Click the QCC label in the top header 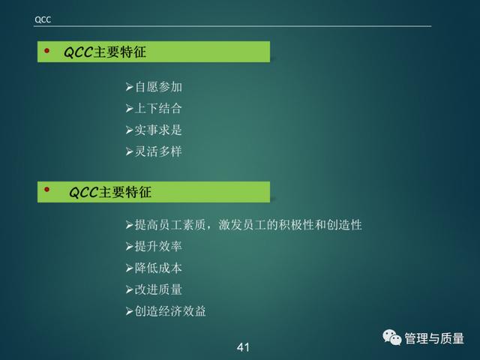43,19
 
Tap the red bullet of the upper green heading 46,50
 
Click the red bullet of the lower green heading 46,190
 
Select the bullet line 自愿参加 154,87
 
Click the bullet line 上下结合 154,108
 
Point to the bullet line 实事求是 154,130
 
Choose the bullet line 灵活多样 154,151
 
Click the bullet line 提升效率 154,247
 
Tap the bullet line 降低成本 154,268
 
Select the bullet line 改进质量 154,289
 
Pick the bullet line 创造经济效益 166,311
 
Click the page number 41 243,347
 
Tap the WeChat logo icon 391,337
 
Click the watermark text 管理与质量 434,338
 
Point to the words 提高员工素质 170,225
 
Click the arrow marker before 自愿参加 129,87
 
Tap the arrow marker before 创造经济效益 129,312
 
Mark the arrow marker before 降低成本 129,268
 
